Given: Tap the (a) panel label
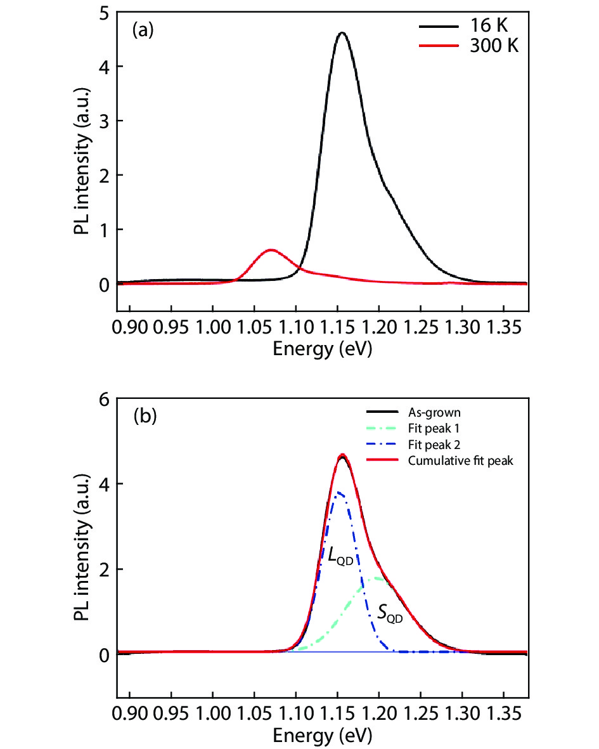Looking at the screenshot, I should [143, 30].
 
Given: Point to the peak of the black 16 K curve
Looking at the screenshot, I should [342, 33].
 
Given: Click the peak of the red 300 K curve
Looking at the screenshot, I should [271, 250].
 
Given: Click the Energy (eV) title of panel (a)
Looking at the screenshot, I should [321, 349].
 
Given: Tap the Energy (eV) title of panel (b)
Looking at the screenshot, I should [321, 735].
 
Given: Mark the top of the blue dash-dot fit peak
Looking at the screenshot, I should [340, 492].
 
